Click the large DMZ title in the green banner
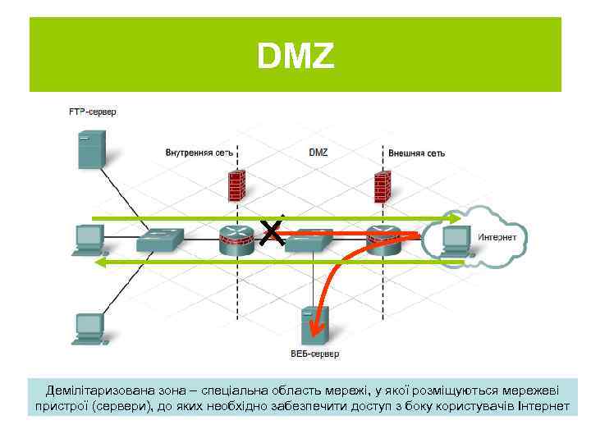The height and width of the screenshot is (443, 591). tap(295, 56)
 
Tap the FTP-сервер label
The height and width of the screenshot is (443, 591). tap(92, 112)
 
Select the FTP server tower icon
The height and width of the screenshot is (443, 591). tap(89, 151)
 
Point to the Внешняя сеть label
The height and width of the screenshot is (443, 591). tap(416, 153)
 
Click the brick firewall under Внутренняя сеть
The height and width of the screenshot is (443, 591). tap(237, 186)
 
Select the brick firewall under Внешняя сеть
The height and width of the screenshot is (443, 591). tap(381, 188)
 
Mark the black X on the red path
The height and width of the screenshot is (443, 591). tap(273, 232)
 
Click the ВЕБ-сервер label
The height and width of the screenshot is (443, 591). tap(315, 354)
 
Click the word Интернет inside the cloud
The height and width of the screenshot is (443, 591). tap(497, 237)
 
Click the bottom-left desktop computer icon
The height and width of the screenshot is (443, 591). tap(88, 328)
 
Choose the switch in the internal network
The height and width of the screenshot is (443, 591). tap(161, 240)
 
